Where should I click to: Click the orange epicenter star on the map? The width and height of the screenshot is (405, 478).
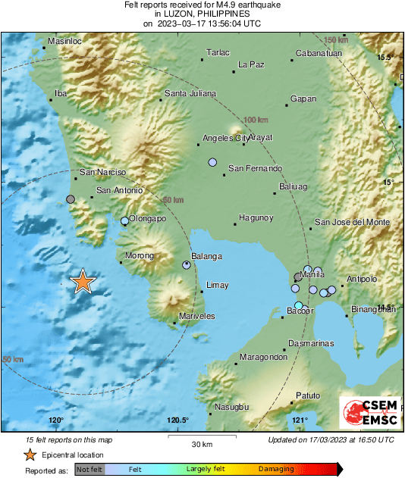coord(83,282)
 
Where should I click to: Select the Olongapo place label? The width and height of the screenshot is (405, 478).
coord(148,218)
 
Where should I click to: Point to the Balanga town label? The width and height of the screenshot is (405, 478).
coord(206,256)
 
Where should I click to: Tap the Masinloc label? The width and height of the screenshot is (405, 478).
coord(64,40)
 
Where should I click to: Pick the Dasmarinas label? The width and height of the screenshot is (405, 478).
coord(311,343)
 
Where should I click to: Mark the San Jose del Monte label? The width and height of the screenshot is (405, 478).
coord(353,222)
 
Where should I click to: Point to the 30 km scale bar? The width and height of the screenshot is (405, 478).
coord(201,438)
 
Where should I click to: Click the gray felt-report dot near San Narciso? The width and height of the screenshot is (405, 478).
coord(71,199)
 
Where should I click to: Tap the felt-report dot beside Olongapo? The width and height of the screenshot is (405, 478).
coord(125,221)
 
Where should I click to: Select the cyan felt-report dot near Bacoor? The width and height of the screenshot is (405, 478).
coord(299,305)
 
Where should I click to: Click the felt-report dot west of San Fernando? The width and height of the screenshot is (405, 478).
coord(213,162)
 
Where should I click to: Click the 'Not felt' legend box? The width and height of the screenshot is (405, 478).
coord(90,470)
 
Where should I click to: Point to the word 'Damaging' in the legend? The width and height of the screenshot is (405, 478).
coord(276,470)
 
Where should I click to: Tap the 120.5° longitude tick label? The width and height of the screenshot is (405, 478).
coord(177,420)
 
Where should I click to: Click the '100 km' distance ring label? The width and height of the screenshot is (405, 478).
coord(256,120)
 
